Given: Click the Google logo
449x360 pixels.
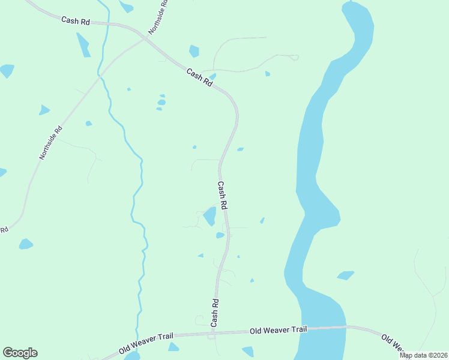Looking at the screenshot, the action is [x=20, y=353].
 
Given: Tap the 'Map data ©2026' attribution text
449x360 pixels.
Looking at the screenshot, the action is [x=423, y=355].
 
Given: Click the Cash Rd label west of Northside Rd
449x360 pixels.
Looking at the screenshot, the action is [x=76, y=20].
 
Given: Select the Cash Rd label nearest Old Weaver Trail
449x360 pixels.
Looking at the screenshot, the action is [x=214, y=312].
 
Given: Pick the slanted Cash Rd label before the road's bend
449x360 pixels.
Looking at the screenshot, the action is [x=199, y=79].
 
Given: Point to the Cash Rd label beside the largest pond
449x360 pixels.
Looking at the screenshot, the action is [x=222, y=195].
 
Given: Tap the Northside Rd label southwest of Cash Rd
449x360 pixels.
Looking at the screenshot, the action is [x=51, y=142].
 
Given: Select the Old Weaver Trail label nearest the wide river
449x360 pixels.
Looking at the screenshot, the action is [x=278, y=330].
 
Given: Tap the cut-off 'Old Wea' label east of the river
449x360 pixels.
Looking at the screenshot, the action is [x=394, y=343].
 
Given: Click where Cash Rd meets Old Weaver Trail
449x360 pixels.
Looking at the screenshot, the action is [x=213, y=332].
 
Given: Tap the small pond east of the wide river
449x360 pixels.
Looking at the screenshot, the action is [x=345, y=275].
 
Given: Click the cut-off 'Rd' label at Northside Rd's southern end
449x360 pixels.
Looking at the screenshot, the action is [x=4, y=230].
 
